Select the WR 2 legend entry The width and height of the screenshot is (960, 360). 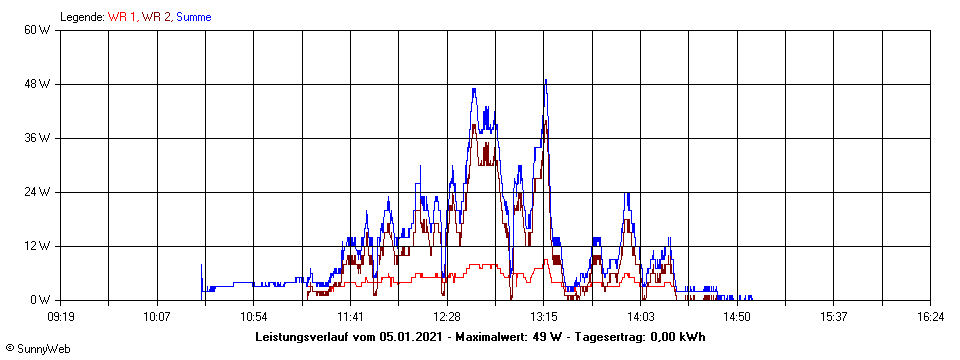point(157,17)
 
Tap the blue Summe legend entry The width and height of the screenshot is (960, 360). point(194,17)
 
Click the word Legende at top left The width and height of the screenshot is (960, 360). point(82,17)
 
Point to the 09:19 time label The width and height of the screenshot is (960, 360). point(61,316)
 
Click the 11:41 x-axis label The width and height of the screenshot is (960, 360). point(350,316)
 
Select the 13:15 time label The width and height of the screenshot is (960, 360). point(544,316)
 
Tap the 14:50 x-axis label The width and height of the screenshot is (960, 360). point(737,316)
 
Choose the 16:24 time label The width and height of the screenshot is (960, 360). point(930,316)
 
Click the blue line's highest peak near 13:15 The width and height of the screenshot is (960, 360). point(545,80)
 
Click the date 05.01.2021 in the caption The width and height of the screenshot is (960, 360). point(412,337)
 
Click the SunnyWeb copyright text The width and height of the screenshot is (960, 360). point(38,349)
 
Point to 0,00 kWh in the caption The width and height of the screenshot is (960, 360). point(677,337)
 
